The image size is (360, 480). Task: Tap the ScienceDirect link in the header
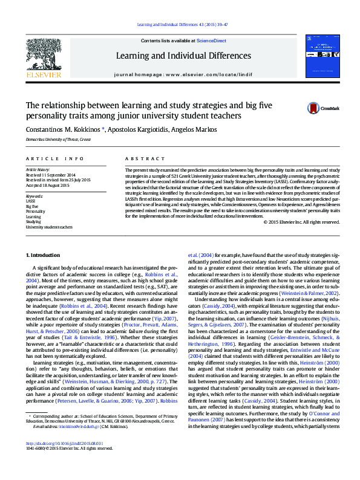(x=211, y=40)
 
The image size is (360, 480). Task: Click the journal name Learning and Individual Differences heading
(x=183, y=56)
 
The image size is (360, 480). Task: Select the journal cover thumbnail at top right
(x=322, y=55)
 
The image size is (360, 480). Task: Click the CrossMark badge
(x=322, y=108)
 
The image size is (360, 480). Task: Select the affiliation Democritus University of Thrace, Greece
(x=58, y=140)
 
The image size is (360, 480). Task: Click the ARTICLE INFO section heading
(x=54, y=158)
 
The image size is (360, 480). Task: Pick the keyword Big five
(x=32, y=206)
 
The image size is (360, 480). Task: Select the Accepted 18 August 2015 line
(x=48, y=185)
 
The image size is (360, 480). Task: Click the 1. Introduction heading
(x=45, y=256)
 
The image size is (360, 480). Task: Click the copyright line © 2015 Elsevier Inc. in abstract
(x=302, y=222)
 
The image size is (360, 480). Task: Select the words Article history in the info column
(x=37, y=170)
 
